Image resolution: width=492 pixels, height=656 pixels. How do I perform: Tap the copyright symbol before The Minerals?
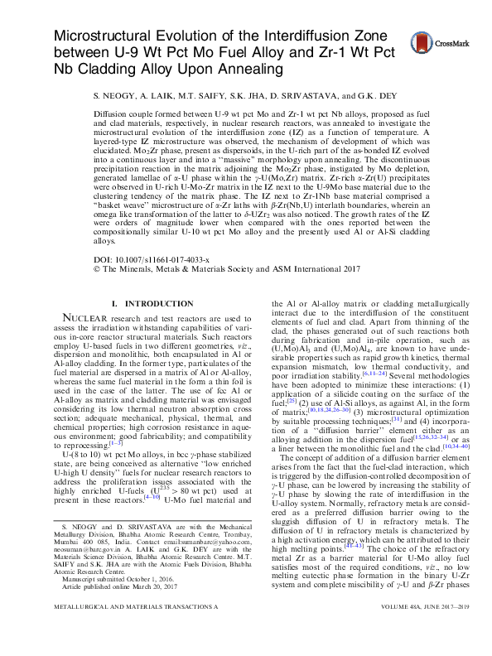point(99,269)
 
